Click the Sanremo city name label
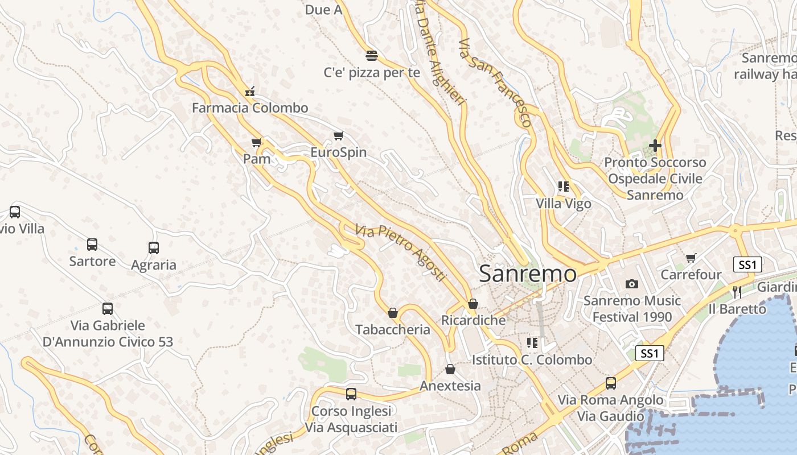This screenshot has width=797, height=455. pyautogui.click(x=528, y=274)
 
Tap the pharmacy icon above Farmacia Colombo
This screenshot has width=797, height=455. pyautogui.click(x=249, y=91)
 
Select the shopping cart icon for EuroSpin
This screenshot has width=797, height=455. pyautogui.click(x=339, y=135)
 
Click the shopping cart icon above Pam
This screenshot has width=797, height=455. pyautogui.click(x=256, y=142)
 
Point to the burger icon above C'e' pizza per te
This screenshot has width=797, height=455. pyautogui.click(x=372, y=55)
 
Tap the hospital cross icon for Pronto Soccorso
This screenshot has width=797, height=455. pyautogui.click(x=655, y=146)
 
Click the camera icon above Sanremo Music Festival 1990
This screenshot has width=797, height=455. pyautogui.click(x=632, y=284)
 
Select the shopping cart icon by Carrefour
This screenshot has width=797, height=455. pyautogui.click(x=691, y=258)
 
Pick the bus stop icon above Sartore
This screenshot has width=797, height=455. pyautogui.click(x=92, y=245)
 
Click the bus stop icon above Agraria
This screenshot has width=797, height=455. pyautogui.click(x=154, y=248)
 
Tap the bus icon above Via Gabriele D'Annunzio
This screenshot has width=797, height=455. pyautogui.click(x=108, y=309)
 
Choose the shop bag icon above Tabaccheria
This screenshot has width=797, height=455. pyautogui.click(x=393, y=313)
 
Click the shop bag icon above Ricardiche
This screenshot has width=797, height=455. pyautogui.click(x=473, y=304)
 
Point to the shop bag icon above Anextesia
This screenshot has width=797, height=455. pyautogui.click(x=450, y=369)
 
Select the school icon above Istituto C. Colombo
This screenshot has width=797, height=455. pyautogui.click(x=532, y=342)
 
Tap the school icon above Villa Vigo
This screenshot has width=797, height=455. pyautogui.click(x=564, y=186)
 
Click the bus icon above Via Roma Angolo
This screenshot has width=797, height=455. pyautogui.click(x=611, y=383)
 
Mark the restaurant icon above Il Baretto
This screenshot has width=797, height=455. pyautogui.click(x=737, y=292)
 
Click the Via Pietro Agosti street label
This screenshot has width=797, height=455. pyautogui.click(x=400, y=253)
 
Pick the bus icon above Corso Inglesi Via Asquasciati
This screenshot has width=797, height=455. pyautogui.click(x=351, y=394)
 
